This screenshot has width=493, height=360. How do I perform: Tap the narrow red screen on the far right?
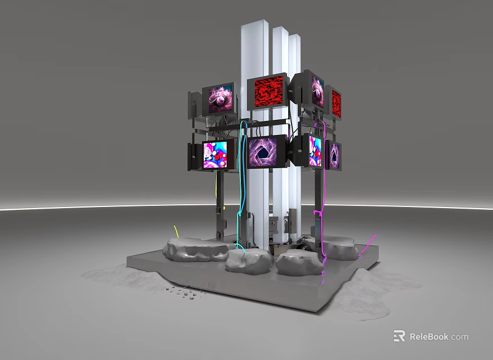pos(336,103)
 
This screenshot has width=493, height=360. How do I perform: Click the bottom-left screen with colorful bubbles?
pos(215,155)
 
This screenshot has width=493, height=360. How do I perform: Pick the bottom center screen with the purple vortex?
pos(262,152)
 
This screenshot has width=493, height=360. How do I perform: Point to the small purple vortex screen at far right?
pos(334,155)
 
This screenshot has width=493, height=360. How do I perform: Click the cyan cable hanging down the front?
pos(241,185)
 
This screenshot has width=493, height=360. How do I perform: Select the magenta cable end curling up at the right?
pos(369,244)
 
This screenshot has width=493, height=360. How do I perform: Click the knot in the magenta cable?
pos(318,214)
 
